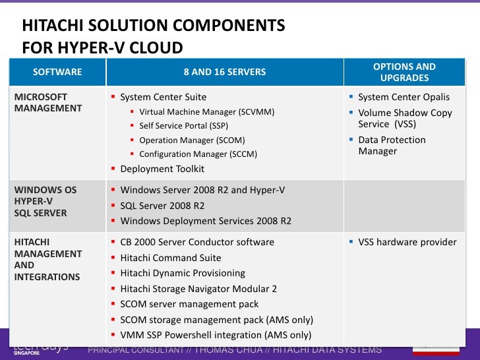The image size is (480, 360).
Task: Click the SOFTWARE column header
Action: click(57, 72)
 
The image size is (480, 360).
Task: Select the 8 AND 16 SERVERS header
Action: click(225, 72)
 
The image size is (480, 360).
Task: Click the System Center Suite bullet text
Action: click(163, 97)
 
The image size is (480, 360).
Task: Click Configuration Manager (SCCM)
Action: click(198, 154)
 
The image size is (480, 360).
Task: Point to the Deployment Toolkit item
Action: click(162, 169)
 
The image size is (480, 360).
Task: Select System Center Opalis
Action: click(404, 97)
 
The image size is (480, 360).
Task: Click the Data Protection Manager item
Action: click(392, 146)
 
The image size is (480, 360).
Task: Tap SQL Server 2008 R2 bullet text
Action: click(162, 206)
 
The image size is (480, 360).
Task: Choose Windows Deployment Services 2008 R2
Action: click(206, 221)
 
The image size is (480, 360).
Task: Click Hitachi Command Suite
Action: click(171, 258)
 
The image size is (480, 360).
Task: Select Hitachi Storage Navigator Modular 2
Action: click(198, 289)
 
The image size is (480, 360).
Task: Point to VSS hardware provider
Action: click(407, 242)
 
